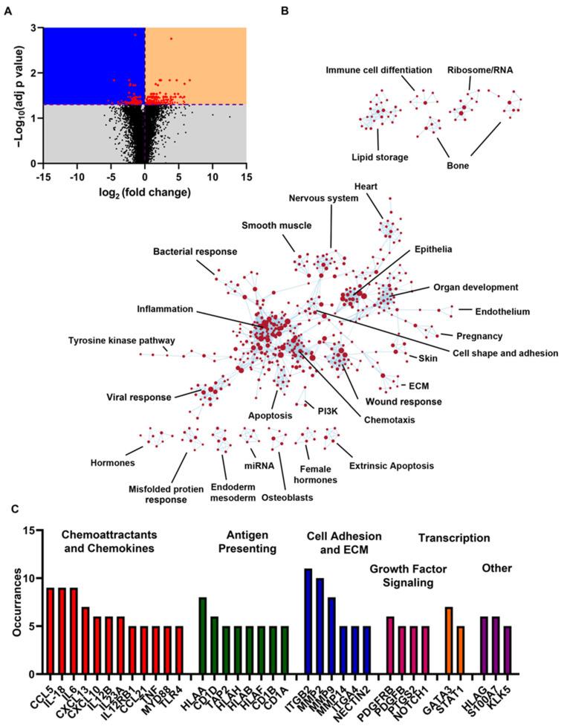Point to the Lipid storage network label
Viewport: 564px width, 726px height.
(378, 156)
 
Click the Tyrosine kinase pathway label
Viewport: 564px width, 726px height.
(116, 340)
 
